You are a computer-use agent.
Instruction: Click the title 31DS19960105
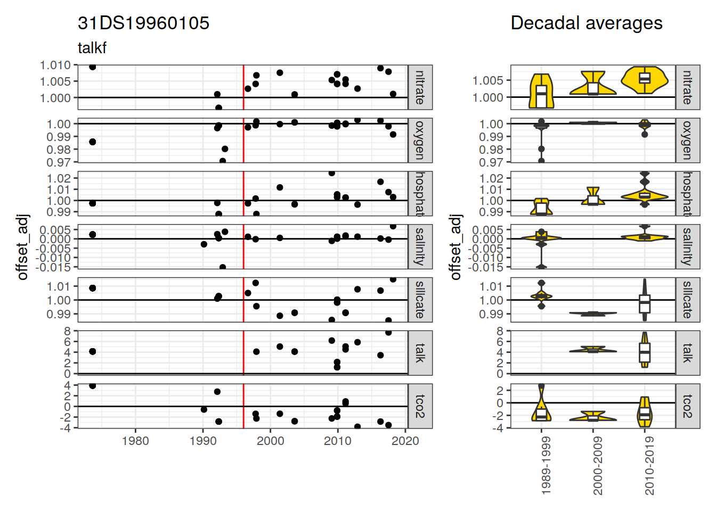[143, 23]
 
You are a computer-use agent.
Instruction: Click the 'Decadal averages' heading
[586, 23]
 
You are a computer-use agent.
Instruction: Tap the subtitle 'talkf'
[92, 48]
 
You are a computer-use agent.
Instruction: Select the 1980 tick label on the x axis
[135, 441]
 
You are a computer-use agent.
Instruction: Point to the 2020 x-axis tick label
[405, 441]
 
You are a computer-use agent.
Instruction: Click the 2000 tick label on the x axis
[270, 441]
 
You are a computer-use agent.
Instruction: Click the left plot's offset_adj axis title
[22, 247]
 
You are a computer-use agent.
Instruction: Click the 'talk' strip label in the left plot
[420, 353]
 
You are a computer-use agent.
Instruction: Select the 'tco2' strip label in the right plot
[687, 406]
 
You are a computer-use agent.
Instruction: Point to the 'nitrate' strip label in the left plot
[420, 87]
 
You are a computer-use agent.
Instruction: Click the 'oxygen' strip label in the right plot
[687, 141]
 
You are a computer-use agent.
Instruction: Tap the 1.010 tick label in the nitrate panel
[55, 65]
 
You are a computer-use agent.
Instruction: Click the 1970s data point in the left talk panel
[93, 351]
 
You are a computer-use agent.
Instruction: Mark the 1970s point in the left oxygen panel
[93, 142]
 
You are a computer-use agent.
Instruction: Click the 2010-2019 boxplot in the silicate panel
[645, 303]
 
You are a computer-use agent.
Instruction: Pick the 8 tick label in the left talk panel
[67, 331]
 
